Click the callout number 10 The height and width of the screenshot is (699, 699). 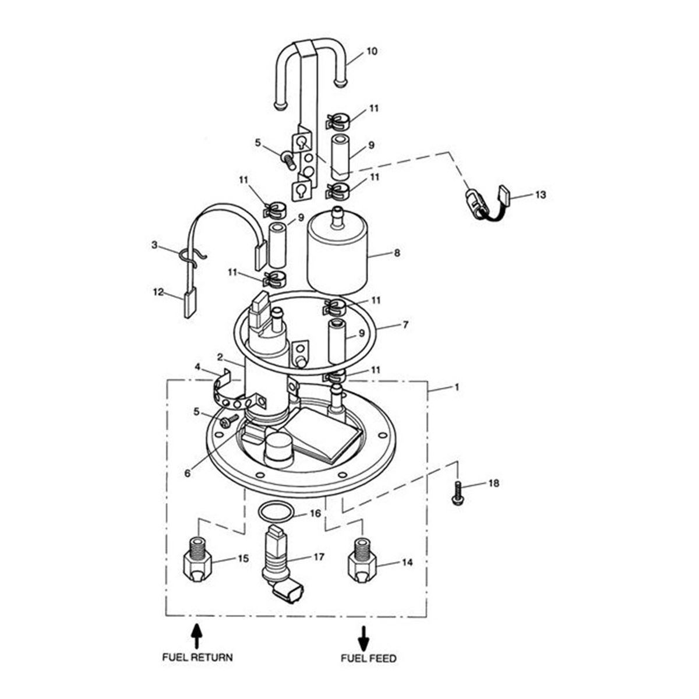(x=372, y=51)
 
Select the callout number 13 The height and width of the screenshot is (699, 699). (x=541, y=195)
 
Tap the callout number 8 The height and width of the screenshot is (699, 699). (x=397, y=253)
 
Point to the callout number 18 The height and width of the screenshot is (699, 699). (x=493, y=483)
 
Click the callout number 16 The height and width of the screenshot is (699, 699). (x=315, y=513)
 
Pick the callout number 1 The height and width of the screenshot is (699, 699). (x=457, y=387)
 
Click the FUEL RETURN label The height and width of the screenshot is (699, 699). (x=197, y=657)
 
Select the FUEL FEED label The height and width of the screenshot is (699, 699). (x=368, y=658)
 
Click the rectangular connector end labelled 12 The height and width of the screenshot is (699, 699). (x=190, y=303)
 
